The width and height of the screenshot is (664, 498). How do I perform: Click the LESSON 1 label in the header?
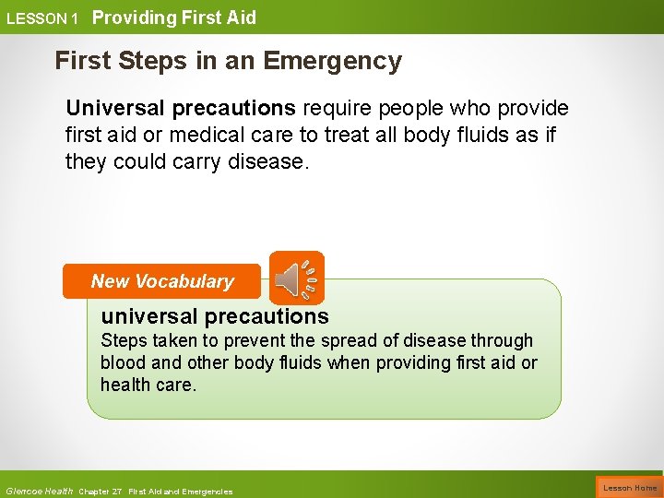pos(41,18)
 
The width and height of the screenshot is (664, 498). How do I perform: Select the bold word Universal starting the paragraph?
pos(115,109)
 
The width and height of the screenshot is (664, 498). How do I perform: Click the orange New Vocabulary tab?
pos(162,281)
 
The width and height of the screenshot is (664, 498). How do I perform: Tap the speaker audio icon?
pos(297,278)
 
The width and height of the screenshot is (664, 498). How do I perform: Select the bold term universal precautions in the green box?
pos(215,316)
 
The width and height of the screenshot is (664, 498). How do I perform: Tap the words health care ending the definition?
pos(148,385)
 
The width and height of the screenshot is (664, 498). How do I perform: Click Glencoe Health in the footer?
pos(39,491)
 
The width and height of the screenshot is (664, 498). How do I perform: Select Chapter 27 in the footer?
pos(101,492)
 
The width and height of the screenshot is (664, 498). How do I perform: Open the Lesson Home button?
pos(630,487)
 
